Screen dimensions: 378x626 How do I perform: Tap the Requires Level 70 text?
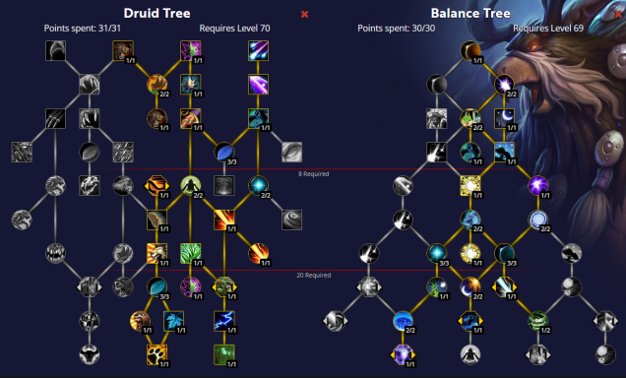click(x=234, y=29)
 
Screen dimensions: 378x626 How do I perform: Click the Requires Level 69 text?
click(x=548, y=29)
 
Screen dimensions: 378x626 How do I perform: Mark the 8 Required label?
click(x=313, y=173)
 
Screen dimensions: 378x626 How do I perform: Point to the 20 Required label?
click(x=313, y=275)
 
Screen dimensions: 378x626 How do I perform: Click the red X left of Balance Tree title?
click(x=304, y=14)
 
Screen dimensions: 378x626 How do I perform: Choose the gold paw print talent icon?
click(x=156, y=352)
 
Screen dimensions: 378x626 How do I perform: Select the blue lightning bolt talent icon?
click(x=222, y=319)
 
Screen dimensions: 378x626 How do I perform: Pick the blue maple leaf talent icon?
click(x=174, y=319)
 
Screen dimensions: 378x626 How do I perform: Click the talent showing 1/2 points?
click(x=537, y=319)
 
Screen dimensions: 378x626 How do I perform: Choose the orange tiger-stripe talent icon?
click(x=156, y=184)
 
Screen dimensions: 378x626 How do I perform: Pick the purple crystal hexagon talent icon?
click(x=404, y=352)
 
